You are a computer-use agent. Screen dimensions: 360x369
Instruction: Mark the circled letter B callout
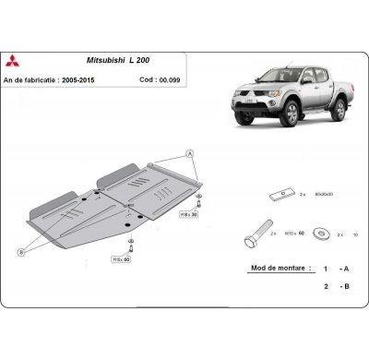21,251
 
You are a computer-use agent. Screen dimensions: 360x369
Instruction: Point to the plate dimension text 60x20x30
323,197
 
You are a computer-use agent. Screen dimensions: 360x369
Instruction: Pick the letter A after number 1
344,269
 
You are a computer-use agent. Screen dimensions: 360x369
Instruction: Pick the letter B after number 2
344,286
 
